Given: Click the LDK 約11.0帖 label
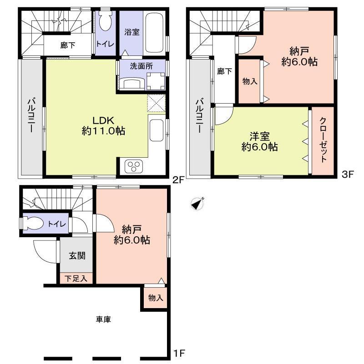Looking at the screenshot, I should click(x=103, y=126).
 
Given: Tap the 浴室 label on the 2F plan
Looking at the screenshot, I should click(x=132, y=32).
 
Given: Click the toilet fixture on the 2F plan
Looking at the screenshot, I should click(x=106, y=23).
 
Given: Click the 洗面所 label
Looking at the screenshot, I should click(x=141, y=65).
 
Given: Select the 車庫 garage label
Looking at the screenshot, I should click(x=103, y=319).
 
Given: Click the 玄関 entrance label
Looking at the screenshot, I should click(x=76, y=256).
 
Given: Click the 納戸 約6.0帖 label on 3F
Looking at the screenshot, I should click(x=299, y=56).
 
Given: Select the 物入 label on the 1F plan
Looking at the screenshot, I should click(x=155, y=298).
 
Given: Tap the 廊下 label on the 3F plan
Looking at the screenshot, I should click(x=222, y=71).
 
